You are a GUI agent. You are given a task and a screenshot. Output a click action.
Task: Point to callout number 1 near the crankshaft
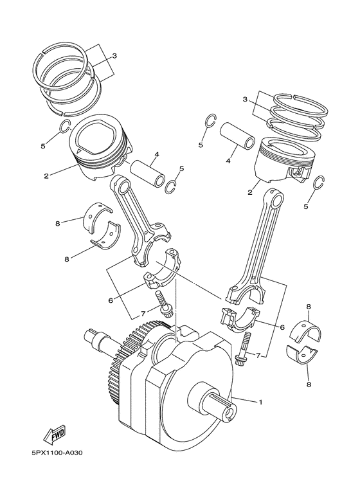pos(260,403)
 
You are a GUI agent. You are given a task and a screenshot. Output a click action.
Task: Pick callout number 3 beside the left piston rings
pos(114,56)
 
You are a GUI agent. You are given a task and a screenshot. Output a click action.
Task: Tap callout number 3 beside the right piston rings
pos(244,99)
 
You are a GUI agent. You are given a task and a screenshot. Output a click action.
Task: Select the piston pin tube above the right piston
pos(236,134)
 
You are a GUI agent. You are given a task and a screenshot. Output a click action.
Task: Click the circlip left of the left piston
pos(62,127)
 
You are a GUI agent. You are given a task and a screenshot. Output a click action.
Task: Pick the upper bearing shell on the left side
pos(98,213)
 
